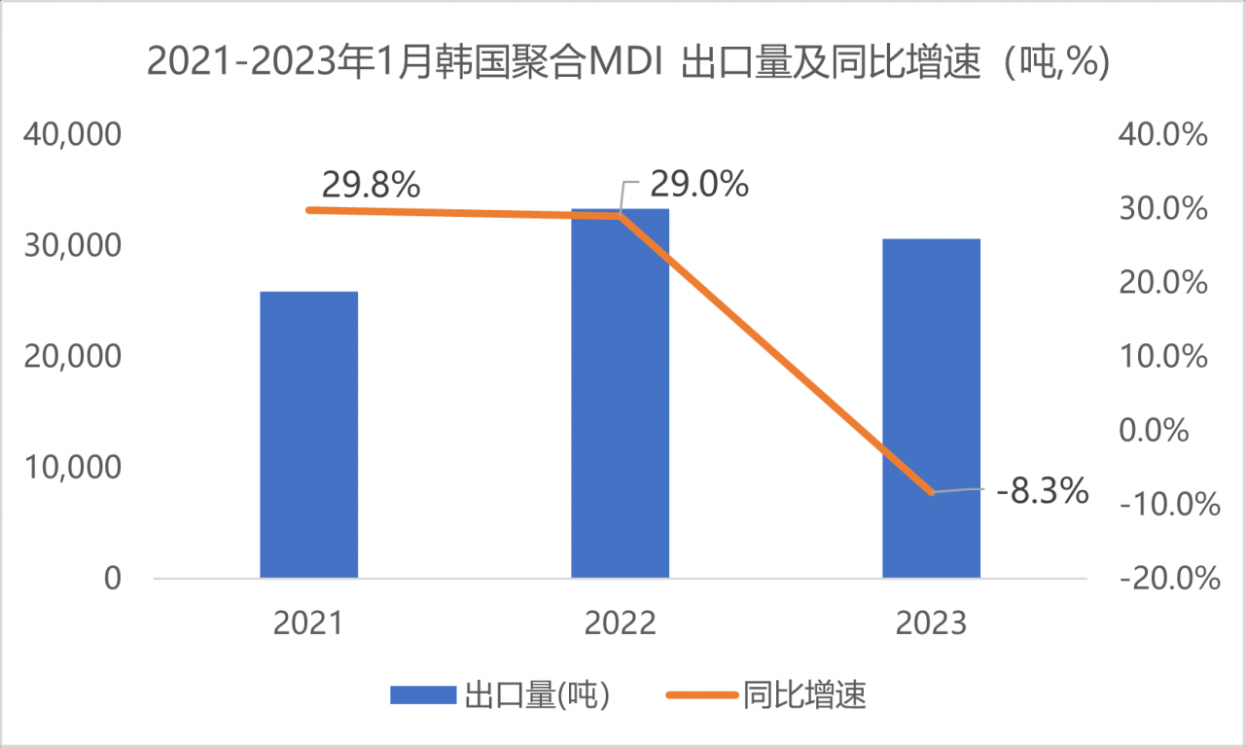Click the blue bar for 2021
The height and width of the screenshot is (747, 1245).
point(309,435)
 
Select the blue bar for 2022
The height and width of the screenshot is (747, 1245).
point(620,394)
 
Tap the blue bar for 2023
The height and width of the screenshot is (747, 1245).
point(931,409)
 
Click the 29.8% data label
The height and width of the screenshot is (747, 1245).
point(371,184)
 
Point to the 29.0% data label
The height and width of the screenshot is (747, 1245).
point(699,183)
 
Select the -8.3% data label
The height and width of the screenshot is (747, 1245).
point(1042,491)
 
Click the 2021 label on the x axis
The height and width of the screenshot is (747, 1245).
point(309,623)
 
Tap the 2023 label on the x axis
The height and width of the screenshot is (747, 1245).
point(931,623)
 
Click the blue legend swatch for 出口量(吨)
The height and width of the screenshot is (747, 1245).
point(423,694)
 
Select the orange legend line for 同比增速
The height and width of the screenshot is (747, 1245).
point(701,694)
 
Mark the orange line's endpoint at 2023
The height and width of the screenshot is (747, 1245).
point(931,492)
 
